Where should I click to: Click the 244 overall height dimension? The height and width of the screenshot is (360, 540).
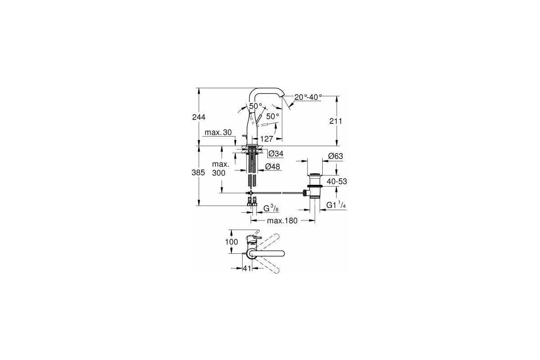[x=198, y=117]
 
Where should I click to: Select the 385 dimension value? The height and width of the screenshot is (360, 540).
[x=198, y=172]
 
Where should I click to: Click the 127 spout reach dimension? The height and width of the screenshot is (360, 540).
[x=266, y=139]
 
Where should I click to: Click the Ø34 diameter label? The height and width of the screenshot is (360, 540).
[x=275, y=154]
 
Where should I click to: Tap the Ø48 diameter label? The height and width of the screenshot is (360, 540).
[x=273, y=166]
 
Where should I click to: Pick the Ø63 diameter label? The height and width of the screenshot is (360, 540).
[x=335, y=156]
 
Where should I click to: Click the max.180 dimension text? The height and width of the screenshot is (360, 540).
[x=283, y=220]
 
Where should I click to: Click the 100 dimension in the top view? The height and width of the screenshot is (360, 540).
[x=232, y=242]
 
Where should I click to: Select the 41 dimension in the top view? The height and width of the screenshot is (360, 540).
[x=246, y=268]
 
